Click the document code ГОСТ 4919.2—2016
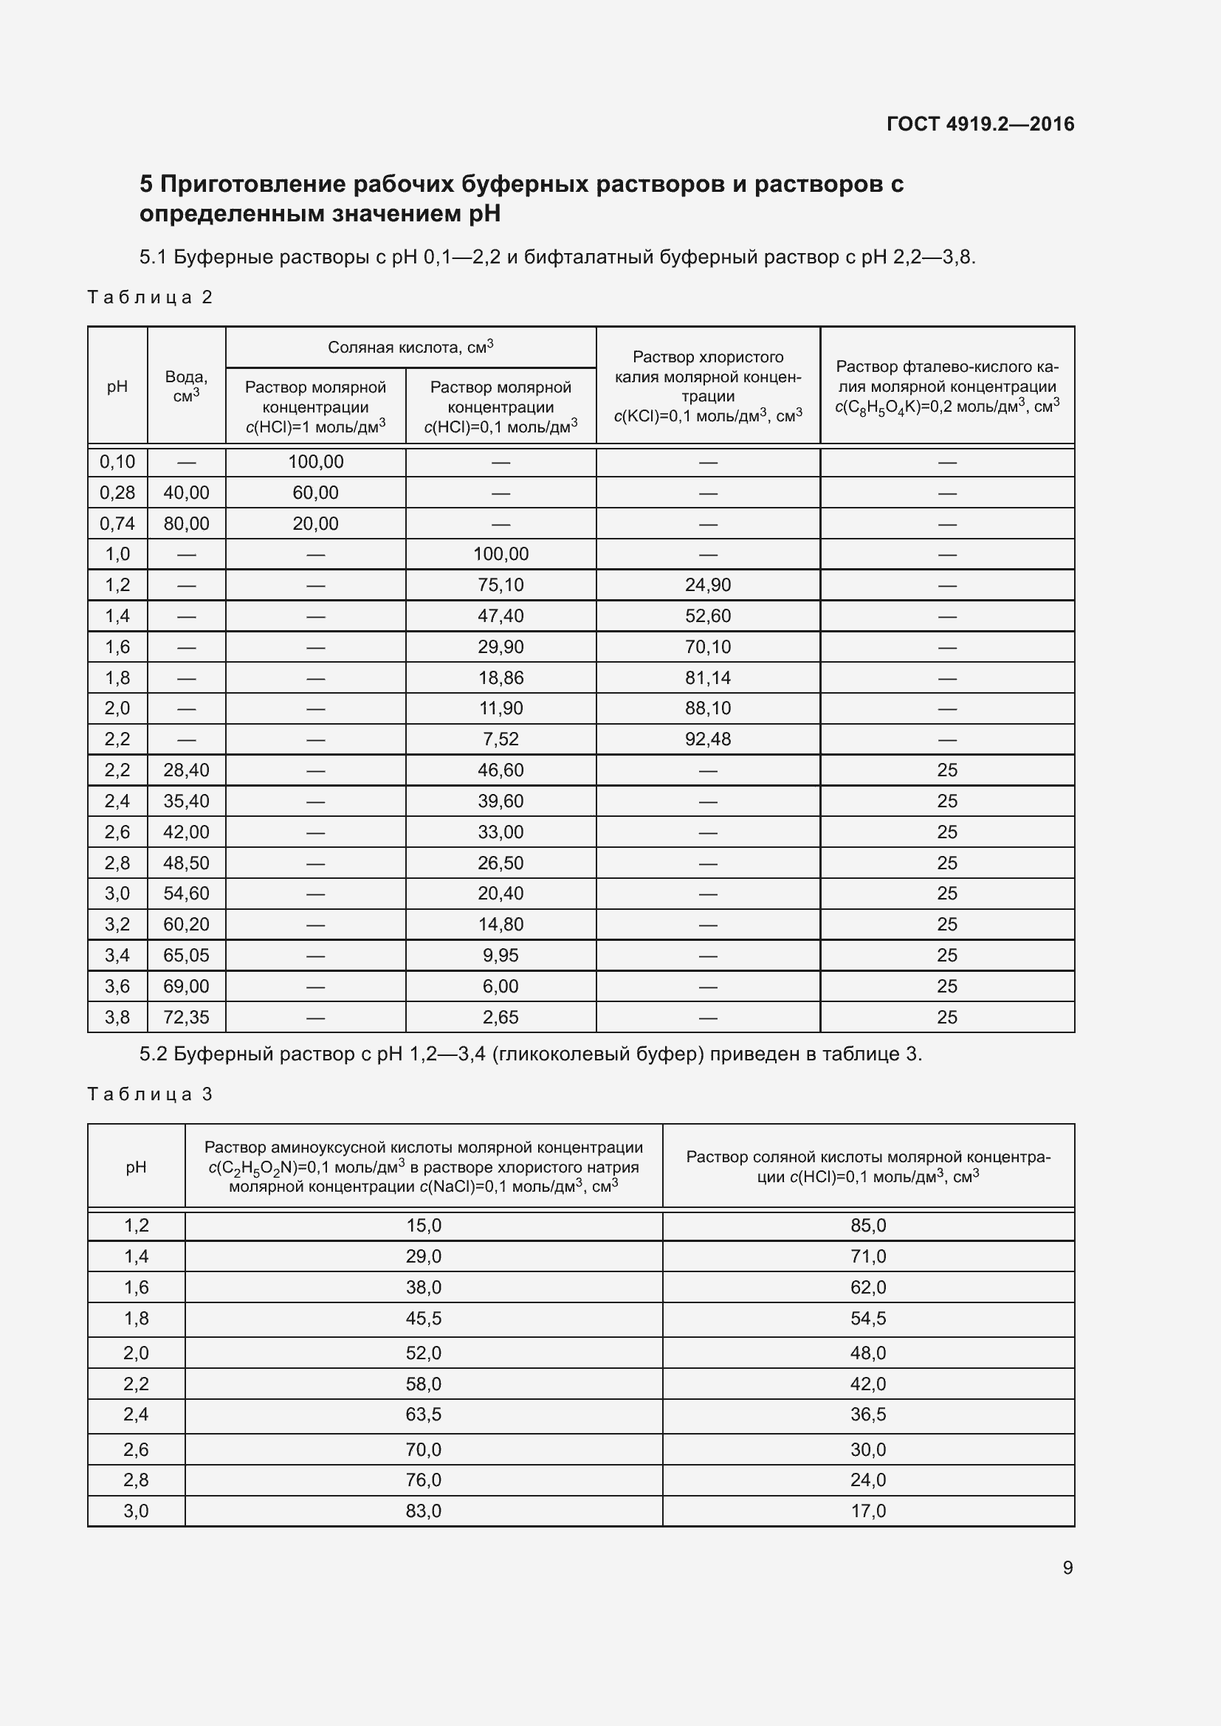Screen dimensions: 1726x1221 click(980, 124)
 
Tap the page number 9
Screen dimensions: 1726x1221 click(1067, 1567)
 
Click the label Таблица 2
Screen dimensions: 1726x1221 click(151, 297)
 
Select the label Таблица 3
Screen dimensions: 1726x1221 click(151, 1094)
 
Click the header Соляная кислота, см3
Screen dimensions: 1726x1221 click(410, 348)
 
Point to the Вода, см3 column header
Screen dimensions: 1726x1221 click(187, 386)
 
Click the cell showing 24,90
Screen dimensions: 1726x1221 click(707, 585)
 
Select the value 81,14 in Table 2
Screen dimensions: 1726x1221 click(707, 678)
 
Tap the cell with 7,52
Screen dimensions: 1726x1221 click(501, 739)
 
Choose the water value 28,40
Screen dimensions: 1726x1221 click(187, 770)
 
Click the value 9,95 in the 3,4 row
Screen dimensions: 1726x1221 click(501, 956)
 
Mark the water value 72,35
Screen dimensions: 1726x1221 click(187, 1018)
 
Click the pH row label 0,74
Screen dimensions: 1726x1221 click(117, 524)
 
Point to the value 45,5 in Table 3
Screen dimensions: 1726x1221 click(423, 1319)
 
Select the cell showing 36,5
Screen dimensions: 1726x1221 click(868, 1415)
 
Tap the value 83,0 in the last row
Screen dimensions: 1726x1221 click(423, 1511)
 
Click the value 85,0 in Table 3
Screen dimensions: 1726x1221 click(868, 1226)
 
